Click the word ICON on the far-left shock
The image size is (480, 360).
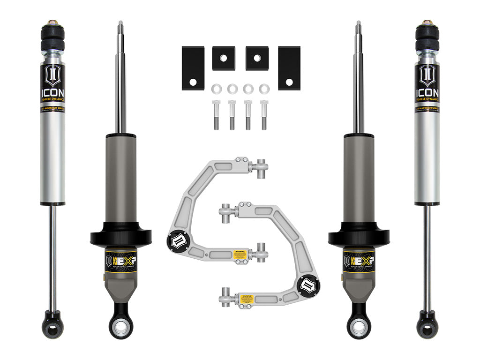[x=52, y=92]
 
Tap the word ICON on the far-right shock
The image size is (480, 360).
[x=427, y=92]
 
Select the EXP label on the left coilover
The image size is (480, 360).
[x=121, y=259]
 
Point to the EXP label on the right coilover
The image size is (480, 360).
[x=359, y=259]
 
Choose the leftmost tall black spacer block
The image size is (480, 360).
[x=193, y=68]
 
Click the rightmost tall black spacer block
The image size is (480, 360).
[x=289, y=68]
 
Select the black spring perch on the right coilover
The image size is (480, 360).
[x=359, y=235]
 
